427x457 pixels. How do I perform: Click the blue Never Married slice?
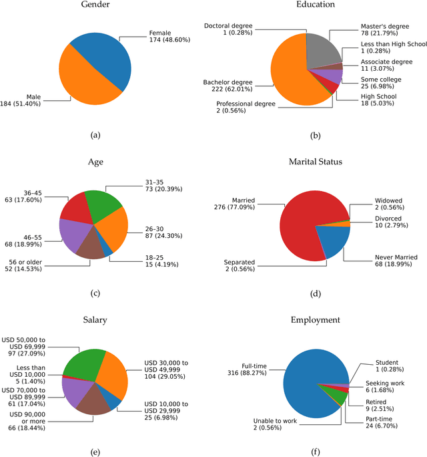pos(331,241)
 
